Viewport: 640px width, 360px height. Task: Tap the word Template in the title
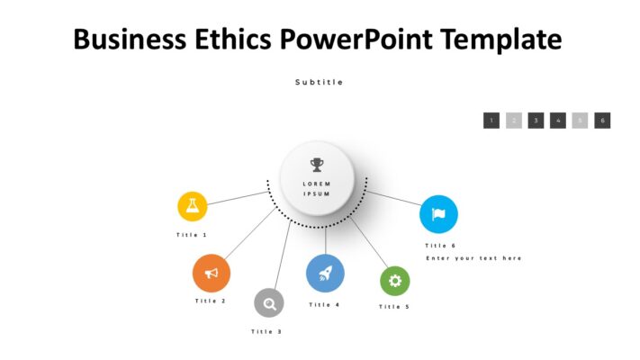click(492, 40)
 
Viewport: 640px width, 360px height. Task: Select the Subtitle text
click(320, 82)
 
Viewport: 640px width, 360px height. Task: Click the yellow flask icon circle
click(192, 206)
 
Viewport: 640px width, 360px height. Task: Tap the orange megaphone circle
click(212, 273)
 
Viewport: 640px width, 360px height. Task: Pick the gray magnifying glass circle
click(268, 303)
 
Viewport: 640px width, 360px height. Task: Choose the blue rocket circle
click(325, 273)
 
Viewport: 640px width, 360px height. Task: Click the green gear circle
click(394, 281)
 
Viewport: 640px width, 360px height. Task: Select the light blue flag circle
click(438, 214)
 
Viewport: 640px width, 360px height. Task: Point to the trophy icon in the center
click(317, 165)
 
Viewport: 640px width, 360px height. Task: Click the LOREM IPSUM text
click(317, 189)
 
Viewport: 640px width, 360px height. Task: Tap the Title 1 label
click(192, 235)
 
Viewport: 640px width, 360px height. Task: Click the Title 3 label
click(266, 332)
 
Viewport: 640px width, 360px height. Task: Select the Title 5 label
click(394, 307)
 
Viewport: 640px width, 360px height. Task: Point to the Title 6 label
click(441, 246)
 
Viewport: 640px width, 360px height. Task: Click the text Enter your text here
click(473, 258)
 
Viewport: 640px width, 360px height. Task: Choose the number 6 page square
click(603, 121)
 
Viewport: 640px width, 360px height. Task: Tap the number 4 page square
click(558, 121)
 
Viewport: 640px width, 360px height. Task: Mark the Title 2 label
click(211, 301)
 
